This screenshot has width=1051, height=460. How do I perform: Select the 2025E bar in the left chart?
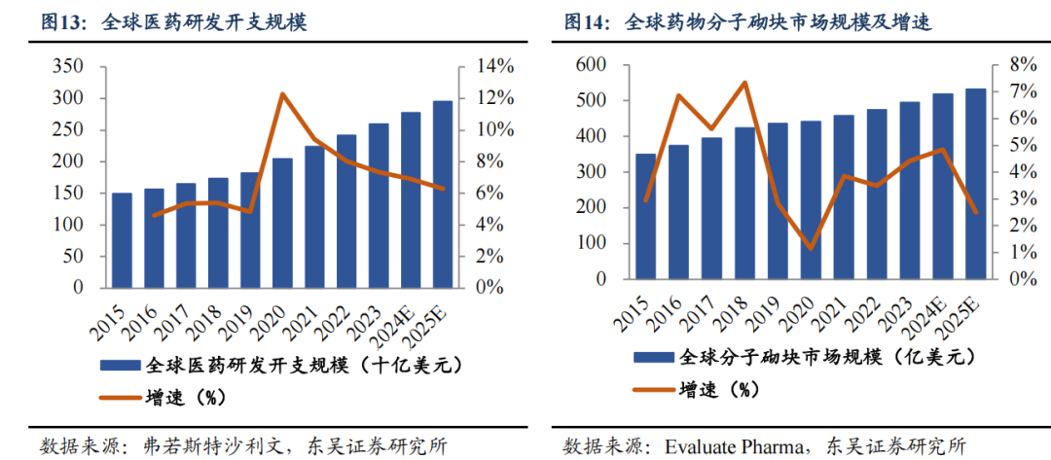[x=443, y=195]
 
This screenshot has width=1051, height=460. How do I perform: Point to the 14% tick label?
[x=493, y=66]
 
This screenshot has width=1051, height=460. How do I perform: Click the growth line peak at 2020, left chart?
[x=282, y=94]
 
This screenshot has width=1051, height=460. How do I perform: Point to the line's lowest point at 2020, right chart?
[x=811, y=249]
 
